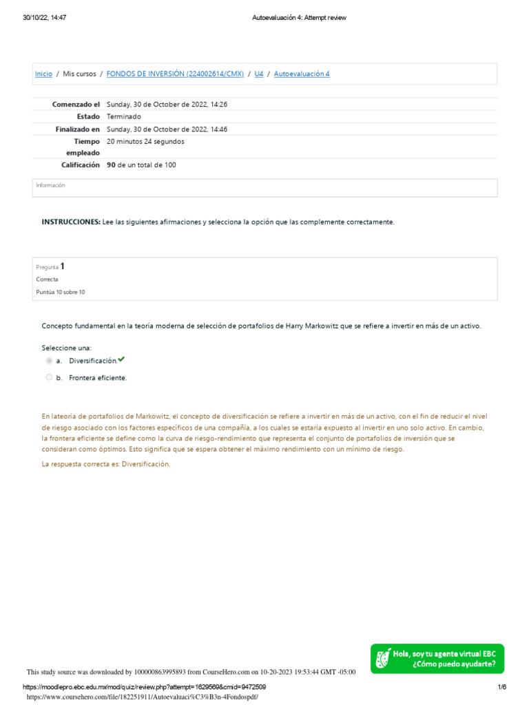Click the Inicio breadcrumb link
pyautogui.click(x=43, y=74)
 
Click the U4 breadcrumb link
pyautogui.click(x=259, y=74)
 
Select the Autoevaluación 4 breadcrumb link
pyautogui.click(x=302, y=74)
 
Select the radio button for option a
pyautogui.click(x=49, y=361)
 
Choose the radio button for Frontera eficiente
pyautogui.click(x=49, y=377)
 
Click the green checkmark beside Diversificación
pyautogui.click(x=122, y=359)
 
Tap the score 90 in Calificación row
pyautogui.click(x=111, y=165)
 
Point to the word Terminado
pyautogui.click(x=124, y=116)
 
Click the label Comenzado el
pyautogui.click(x=76, y=104)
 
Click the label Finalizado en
pyautogui.click(x=77, y=129)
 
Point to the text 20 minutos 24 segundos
pyautogui.click(x=145, y=141)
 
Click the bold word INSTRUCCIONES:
pyautogui.click(x=71, y=222)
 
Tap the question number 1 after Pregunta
pyautogui.click(x=63, y=266)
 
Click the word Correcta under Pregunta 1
pyautogui.click(x=47, y=280)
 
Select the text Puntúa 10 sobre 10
pyautogui.click(x=61, y=292)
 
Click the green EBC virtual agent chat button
pyautogui.click(x=437, y=659)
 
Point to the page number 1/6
pyautogui.click(x=502, y=687)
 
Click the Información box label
pyautogui.click(x=50, y=185)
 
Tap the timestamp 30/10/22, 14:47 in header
pyautogui.click(x=45, y=18)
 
